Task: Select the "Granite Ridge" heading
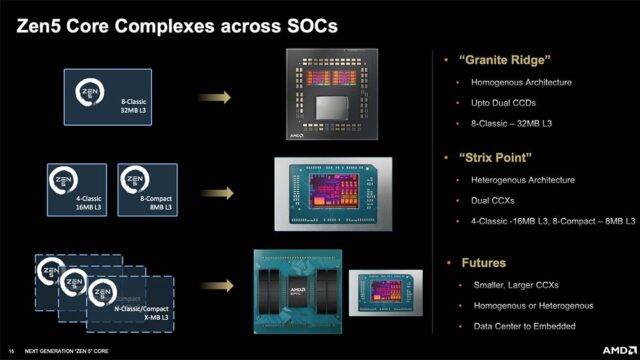pos(499,60)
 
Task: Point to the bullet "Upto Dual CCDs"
pos(507,103)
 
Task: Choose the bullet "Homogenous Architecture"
pos(521,82)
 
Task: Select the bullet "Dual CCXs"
pos(496,200)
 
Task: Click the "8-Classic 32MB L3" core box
pos(107,96)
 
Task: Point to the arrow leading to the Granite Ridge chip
pos(213,97)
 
